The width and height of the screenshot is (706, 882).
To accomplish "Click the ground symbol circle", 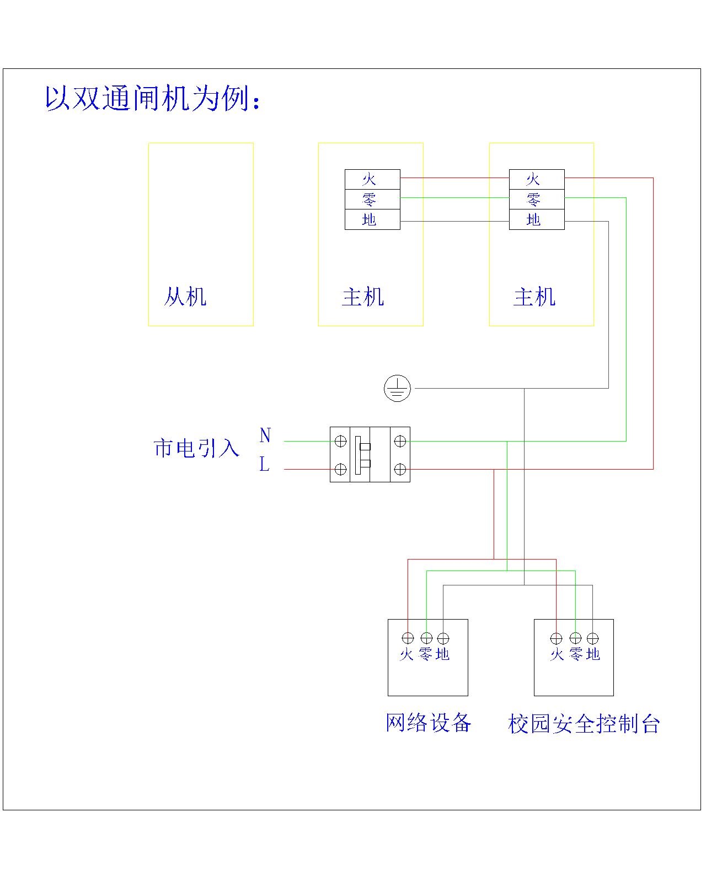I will tap(397, 389).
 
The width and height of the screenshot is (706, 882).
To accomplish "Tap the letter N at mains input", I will tap(265, 435).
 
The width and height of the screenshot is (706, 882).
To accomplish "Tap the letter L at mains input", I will tap(264, 465).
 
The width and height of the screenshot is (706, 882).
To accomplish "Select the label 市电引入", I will tap(196, 448).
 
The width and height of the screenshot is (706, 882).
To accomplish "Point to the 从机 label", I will tap(185, 297).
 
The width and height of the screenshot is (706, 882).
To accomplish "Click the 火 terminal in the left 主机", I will tap(372, 179).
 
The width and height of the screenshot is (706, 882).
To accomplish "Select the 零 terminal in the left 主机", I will tap(372, 199).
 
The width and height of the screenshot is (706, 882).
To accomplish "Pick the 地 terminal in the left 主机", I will tap(372, 219).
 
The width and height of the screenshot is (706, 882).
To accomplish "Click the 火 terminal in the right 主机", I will tap(536, 179).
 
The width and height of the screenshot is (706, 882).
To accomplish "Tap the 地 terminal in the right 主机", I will tap(536, 219).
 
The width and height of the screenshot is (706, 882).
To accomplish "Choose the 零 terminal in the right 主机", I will tap(536, 199).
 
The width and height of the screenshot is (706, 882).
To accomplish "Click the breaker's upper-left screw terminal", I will tap(341, 441).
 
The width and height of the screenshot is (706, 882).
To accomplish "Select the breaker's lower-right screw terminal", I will tap(400, 469).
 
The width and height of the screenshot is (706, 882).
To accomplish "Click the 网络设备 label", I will tap(428, 722).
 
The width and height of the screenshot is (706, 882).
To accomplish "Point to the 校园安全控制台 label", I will tap(584, 723).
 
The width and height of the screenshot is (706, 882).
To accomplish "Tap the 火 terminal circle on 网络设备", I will tap(408, 638).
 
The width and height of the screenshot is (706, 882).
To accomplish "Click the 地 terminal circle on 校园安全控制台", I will tap(592, 638).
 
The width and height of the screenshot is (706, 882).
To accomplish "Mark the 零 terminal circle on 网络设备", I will tap(426, 638).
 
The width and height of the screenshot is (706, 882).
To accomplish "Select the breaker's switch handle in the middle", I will tap(365, 455).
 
